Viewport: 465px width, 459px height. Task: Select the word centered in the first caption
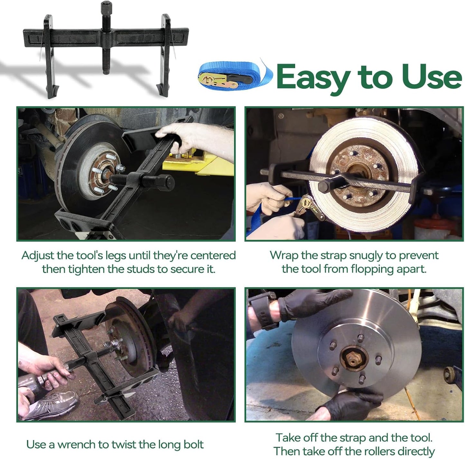(x=213, y=256)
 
